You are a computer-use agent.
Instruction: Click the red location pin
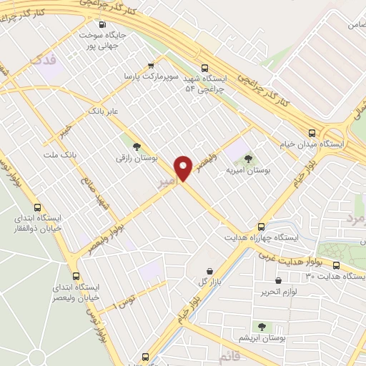point(184,169)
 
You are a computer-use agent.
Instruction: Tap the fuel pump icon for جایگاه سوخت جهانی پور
point(102,24)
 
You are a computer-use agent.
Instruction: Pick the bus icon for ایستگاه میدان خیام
point(312,133)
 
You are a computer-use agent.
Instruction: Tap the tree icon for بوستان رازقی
point(137,146)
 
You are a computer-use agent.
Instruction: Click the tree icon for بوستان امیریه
point(248,159)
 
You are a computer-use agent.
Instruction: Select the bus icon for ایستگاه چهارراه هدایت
point(262,225)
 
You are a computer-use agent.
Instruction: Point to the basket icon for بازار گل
point(209,271)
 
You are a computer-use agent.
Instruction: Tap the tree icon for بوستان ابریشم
point(261,326)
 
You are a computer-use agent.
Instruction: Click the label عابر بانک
point(102,112)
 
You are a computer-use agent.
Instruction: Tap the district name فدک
point(41,63)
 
